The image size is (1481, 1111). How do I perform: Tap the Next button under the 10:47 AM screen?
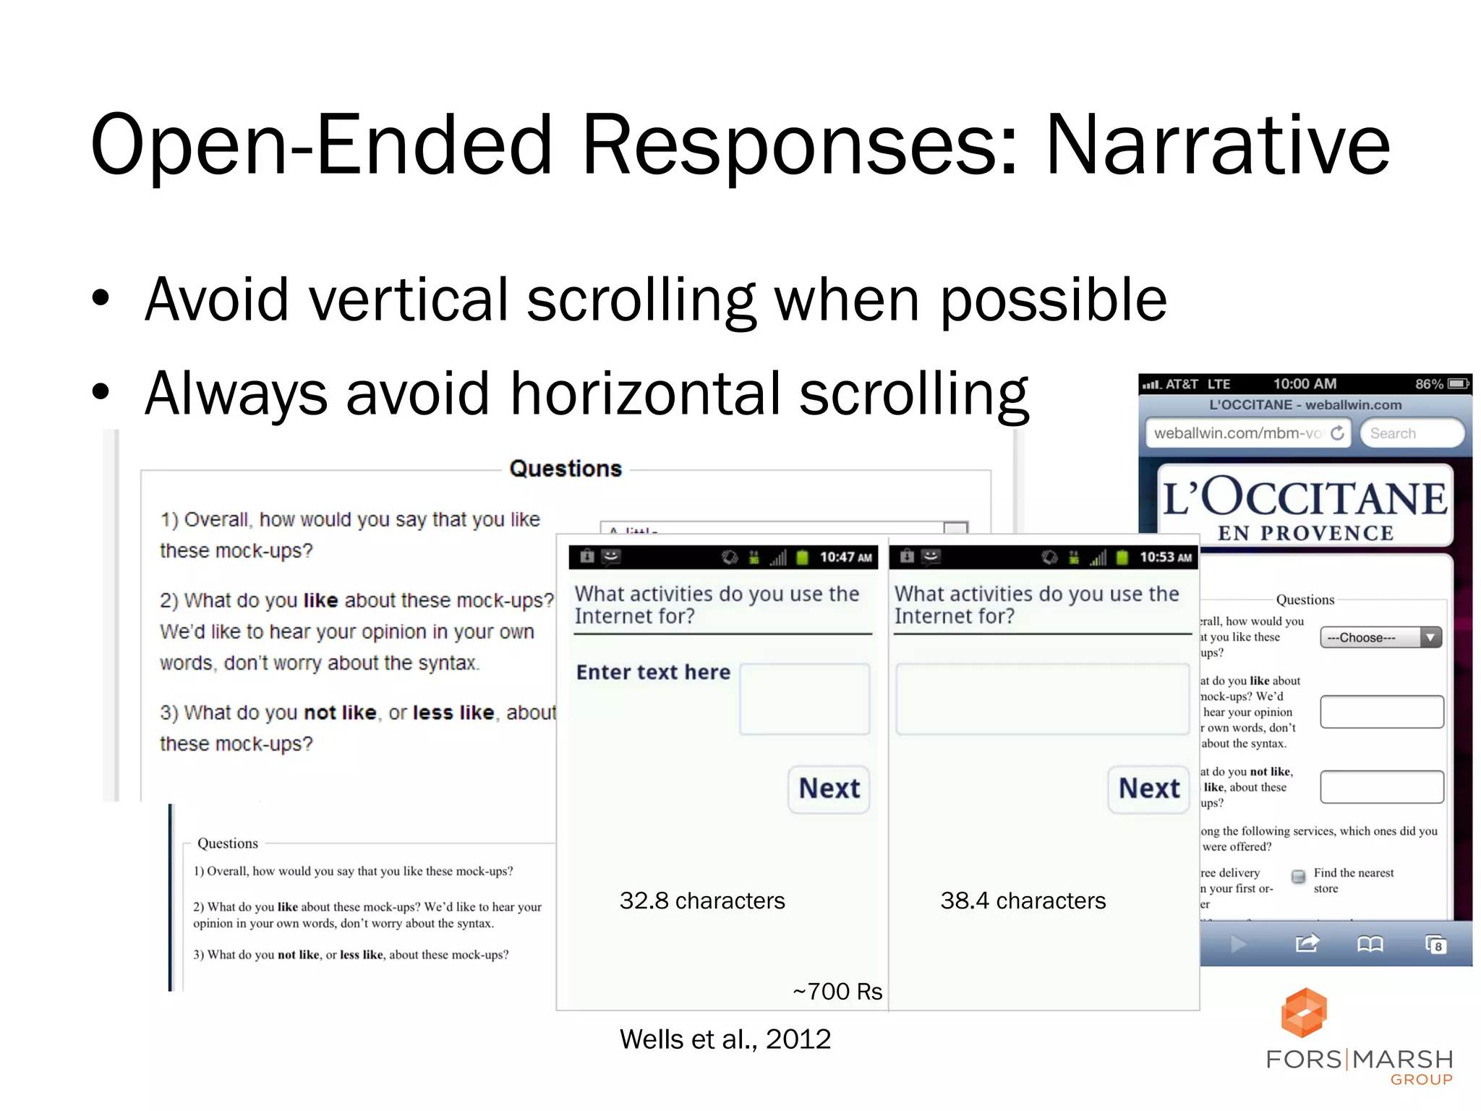pos(829,788)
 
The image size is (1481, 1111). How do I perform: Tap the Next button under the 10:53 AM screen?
pos(1148,788)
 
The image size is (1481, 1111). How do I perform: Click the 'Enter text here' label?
pos(653,672)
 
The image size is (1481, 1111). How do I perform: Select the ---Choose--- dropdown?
pos(1380,637)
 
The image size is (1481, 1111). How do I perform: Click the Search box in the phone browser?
pos(1411,433)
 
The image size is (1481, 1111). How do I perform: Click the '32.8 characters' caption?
pos(701,901)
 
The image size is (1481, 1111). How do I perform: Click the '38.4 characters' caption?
pos(1023,901)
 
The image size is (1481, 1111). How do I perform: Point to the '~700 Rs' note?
pos(837,991)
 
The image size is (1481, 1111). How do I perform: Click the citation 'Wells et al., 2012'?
pos(725,1039)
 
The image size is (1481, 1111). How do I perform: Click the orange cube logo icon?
pos(1303,1013)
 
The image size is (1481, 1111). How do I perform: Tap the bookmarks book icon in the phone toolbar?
pos(1370,944)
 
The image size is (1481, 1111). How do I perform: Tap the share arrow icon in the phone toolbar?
pos(1307,944)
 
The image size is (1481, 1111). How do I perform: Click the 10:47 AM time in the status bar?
pos(845,557)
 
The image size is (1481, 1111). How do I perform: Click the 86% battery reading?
pos(1428,384)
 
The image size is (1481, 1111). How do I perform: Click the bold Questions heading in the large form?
pos(565,469)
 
